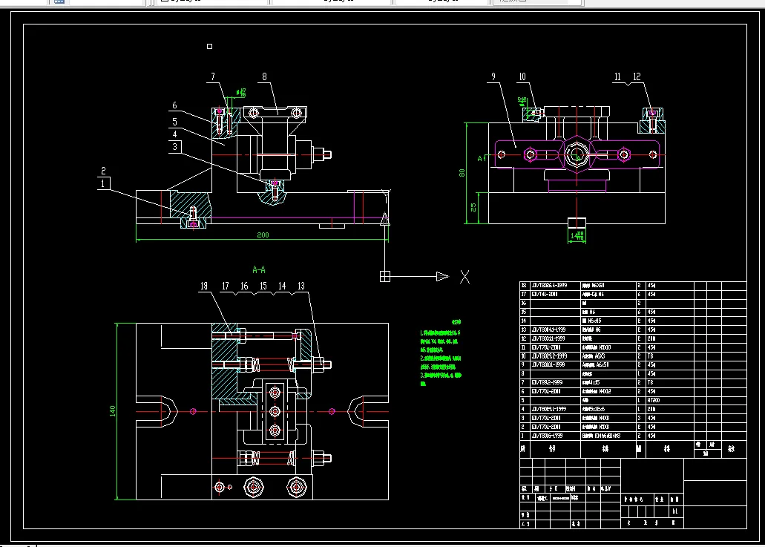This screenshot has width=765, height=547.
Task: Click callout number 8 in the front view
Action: (264, 76)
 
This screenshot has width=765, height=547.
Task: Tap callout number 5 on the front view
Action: (174, 121)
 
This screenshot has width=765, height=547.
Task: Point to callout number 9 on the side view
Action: (491, 76)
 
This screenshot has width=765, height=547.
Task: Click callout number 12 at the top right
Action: (637, 76)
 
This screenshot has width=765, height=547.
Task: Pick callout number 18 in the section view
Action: (205, 286)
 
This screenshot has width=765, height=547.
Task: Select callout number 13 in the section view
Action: (301, 286)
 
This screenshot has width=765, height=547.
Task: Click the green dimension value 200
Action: (263, 235)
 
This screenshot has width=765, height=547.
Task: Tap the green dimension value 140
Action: (114, 410)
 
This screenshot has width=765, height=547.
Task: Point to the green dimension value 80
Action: (462, 173)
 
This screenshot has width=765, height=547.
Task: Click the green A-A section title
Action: (259, 269)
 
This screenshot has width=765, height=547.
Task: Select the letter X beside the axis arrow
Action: (464, 277)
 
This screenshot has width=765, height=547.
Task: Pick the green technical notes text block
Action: (441, 353)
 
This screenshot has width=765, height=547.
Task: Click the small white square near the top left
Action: (210, 46)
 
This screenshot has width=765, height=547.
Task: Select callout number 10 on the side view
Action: (522, 76)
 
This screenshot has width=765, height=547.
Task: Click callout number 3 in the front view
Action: (174, 147)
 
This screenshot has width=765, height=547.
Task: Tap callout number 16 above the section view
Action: (243, 286)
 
